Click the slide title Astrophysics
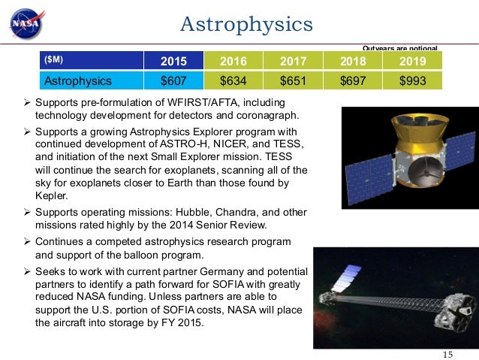(246, 24)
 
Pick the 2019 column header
(411, 61)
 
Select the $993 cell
(411, 80)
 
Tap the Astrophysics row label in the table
(79, 80)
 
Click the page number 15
(449, 354)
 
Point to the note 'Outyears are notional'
(399, 47)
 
